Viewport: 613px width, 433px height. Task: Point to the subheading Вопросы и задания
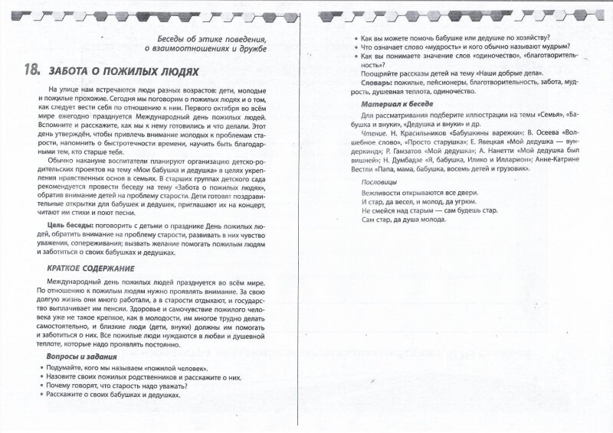pos(70,357)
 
